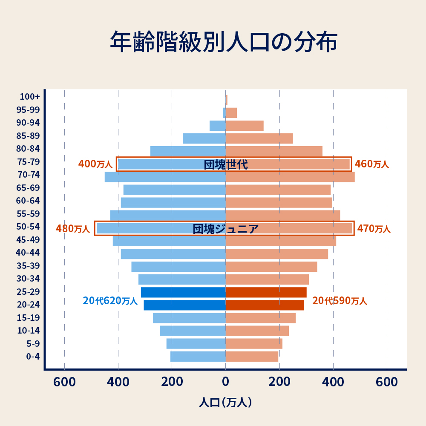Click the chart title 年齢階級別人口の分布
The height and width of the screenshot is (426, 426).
click(x=224, y=42)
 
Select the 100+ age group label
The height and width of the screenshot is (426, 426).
click(x=29, y=97)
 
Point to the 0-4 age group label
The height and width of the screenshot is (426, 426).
click(x=33, y=357)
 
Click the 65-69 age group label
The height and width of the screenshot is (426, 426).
click(x=28, y=188)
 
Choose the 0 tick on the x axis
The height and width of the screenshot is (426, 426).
click(x=225, y=382)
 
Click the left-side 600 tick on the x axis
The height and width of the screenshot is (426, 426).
click(x=64, y=382)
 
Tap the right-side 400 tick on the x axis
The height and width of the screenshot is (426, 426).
click(x=333, y=382)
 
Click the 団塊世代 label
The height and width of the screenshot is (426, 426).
click(x=225, y=165)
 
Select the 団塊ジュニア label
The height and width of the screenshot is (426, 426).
click(x=225, y=229)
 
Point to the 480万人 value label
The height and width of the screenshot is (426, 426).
click(x=73, y=229)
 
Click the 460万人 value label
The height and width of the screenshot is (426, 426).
click(x=372, y=164)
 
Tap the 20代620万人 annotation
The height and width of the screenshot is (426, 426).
click(x=110, y=301)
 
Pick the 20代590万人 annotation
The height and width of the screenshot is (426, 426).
click(x=340, y=301)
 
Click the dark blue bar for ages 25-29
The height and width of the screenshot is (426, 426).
click(x=183, y=292)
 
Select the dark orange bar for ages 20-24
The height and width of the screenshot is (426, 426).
click(x=265, y=305)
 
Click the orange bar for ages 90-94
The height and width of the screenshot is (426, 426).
click(x=245, y=126)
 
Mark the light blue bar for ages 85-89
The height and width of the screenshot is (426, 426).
click(x=204, y=138)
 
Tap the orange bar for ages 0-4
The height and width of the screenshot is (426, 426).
click(x=252, y=357)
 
